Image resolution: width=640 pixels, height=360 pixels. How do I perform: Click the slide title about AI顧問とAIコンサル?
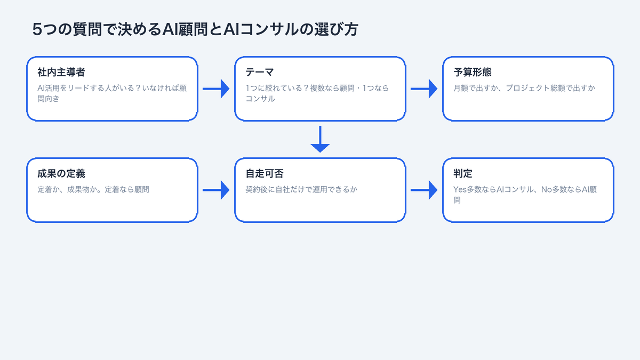tap(195, 30)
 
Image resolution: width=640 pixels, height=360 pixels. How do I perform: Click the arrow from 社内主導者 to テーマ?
tap(216, 89)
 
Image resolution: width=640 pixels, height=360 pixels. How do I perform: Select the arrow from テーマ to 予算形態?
tap(424, 89)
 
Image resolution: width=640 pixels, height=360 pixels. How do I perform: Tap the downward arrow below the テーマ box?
tap(320, 139)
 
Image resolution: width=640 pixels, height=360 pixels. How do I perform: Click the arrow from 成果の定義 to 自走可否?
tap(216, 190)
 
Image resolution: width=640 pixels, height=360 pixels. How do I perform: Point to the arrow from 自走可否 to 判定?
tap(424, 190)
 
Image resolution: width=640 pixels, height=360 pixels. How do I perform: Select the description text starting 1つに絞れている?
tap(317, 88)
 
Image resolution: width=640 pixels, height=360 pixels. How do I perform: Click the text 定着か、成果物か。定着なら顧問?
tap(93, 189)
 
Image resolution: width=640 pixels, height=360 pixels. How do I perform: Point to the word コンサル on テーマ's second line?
tap(260, 99)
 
